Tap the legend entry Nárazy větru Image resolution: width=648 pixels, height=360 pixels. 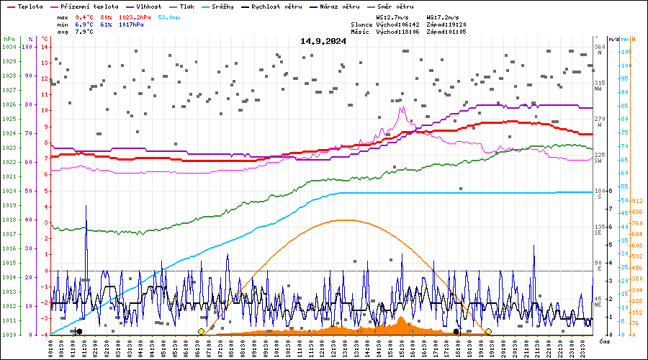pos(341,6)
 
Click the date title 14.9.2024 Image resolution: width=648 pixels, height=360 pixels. pos(323,41)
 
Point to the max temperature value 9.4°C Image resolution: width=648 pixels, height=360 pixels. pos(84,16)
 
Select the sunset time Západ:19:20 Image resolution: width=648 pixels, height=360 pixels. pos(446,24)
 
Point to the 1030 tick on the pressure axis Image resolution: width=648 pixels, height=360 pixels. pos(9,47)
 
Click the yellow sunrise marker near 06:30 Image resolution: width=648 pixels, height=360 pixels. pos(201,331)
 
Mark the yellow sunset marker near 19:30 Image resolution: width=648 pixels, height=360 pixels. pos(488,331)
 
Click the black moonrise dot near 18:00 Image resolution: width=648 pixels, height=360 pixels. pos(456,331)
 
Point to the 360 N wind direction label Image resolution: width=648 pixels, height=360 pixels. pos(599,50)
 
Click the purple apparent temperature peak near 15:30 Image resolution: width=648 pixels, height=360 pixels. pos(402,107)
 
